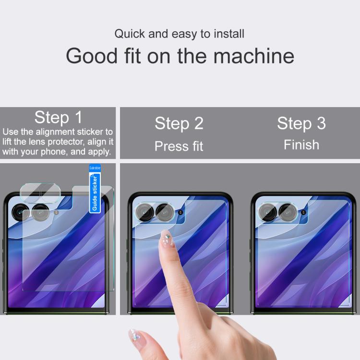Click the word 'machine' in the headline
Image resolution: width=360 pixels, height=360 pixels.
254,56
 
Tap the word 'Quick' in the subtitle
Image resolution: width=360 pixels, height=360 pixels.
130,34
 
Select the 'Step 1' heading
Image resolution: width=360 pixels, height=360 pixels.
58,117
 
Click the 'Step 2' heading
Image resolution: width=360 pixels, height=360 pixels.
179,123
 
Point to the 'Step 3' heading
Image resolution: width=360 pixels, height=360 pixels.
301,123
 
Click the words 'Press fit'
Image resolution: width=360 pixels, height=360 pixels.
179,146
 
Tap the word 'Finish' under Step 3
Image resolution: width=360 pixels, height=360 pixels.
301,144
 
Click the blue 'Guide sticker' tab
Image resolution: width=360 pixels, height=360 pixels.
95,188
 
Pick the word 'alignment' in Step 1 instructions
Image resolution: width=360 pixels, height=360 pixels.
55,132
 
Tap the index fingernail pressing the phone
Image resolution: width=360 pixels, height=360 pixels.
167,238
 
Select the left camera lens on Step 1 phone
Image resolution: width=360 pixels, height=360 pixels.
20,212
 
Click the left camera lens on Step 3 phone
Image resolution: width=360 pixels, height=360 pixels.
267,212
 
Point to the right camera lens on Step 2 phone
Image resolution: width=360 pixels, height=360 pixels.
165,212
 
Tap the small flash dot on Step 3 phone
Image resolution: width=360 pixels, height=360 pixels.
303,212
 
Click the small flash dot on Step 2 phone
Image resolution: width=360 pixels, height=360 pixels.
180,212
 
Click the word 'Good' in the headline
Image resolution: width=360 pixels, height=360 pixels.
92,56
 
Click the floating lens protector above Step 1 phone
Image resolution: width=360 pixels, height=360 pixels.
40,193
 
